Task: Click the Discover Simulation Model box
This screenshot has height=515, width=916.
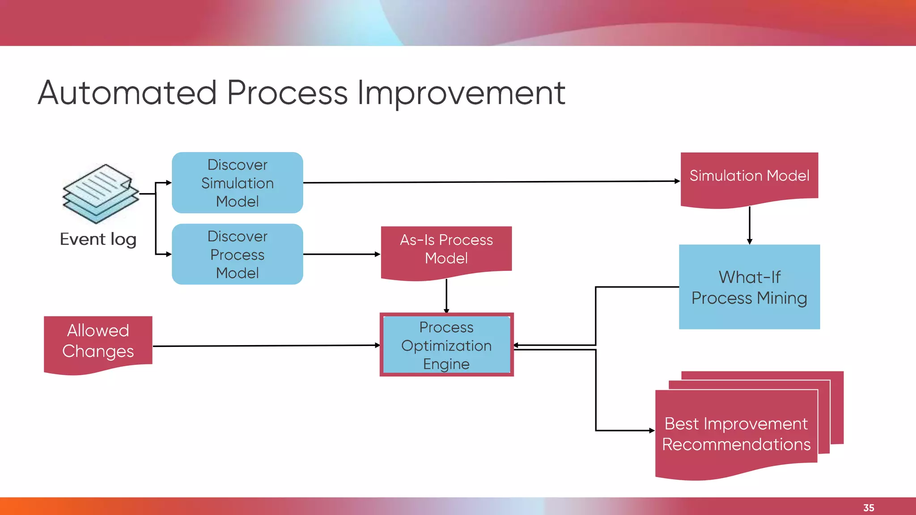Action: coord(237,183)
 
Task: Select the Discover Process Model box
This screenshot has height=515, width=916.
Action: coord(237,254)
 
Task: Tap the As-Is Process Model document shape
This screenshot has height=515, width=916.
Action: coord(446,250)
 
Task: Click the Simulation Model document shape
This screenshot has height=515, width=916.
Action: coord(749,177)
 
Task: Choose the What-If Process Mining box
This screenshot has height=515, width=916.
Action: coord(749,287)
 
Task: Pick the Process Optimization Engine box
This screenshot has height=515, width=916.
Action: coord(446,345)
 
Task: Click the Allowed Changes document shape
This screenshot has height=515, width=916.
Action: coord(98,342)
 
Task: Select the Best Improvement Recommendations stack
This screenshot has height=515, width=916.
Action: coord(737,431)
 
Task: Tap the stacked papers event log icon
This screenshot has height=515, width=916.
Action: coord(101,193)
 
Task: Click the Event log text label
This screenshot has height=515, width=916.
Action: coord(98,240)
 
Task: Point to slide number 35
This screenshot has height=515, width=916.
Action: coord(869,508)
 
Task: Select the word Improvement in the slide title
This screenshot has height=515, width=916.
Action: coord(461,93)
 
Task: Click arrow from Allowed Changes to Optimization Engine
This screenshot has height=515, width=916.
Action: coord(266,346)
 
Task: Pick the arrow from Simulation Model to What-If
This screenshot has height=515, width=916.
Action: coord(750,225)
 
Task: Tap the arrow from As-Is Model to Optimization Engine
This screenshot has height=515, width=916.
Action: coord(446,295)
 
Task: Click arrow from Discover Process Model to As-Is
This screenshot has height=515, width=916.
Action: coord(341,254)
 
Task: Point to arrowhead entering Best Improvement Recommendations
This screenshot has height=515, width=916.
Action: coord(652,431)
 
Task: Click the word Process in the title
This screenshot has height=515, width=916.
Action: coord(288,93)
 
